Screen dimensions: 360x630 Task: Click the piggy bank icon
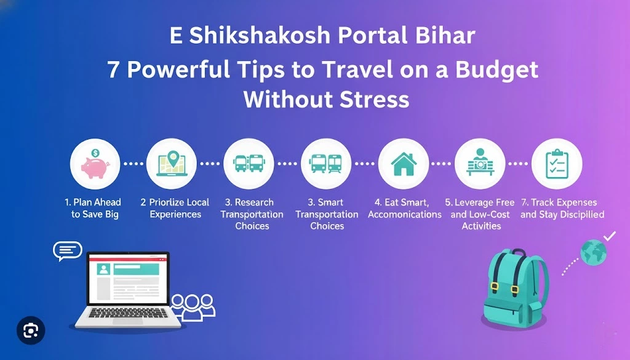(96, 164)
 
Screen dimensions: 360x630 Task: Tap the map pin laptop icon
(172, 164)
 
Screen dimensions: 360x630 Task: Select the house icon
(403, 164)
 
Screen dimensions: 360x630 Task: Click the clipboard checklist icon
(556, 164)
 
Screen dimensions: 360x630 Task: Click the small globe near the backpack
(594, 252)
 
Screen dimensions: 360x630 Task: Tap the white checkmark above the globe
(609, 235)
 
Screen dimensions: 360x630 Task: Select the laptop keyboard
(127, 314)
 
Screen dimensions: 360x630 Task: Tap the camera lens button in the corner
(30, 331)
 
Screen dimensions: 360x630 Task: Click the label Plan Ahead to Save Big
(95, 208)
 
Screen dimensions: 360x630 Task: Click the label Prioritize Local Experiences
(175, 208)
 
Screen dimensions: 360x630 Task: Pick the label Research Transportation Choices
(252, 214)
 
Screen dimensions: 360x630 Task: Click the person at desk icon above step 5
(481, 164)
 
